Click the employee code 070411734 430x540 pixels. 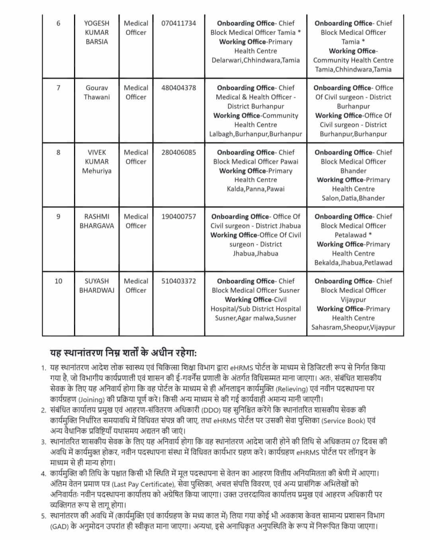[x=178, y=23]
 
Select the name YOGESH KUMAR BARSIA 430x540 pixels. [x=97, y=32]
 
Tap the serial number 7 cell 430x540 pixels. [x=59, y=88]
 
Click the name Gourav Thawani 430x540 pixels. [x=97, y=92]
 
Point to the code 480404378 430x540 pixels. [x=178, y=88]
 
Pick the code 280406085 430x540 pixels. [x=178, y=152]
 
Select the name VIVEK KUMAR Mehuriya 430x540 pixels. [x=97, y=162]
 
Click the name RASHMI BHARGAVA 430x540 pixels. [x=97, y=221]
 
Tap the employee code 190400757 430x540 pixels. [x=178, y=217]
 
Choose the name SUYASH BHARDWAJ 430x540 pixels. [x=97, y=286]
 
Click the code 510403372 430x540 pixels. [x=178, y=281]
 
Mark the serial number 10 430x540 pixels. [x=59, y=281]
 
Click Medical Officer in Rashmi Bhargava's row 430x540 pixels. [x=136, y=221]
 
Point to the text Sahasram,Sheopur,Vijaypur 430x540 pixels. [x=353, y=328]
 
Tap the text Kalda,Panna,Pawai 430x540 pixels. [x=256, y=189]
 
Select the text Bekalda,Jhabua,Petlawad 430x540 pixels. [x=353, y=263]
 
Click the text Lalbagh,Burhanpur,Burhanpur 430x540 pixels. [x=256, y=134]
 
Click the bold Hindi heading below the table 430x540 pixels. [x=123, y=353]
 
